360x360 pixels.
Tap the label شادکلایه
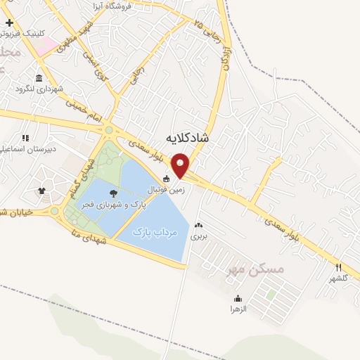tap(189, 138)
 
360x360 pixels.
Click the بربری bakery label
tap(199, 238)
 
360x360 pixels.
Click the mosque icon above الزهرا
tap(238, 298)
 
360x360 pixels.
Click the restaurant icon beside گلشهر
tap(338, 267)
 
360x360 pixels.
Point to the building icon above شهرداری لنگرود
tap(37, 77)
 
